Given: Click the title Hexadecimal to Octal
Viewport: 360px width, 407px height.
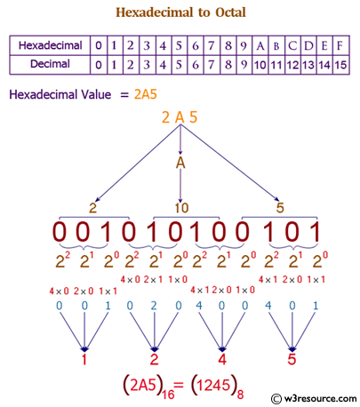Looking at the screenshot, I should [x=180, y=12].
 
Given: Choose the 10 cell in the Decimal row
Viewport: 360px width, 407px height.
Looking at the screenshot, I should [x=260, y=64].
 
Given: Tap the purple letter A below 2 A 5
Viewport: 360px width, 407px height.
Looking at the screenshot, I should [x=180, y=164].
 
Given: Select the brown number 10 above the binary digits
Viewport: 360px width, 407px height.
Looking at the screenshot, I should [x=180, y=207].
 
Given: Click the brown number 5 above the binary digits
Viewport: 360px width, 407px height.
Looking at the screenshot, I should [x=280, y=207].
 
